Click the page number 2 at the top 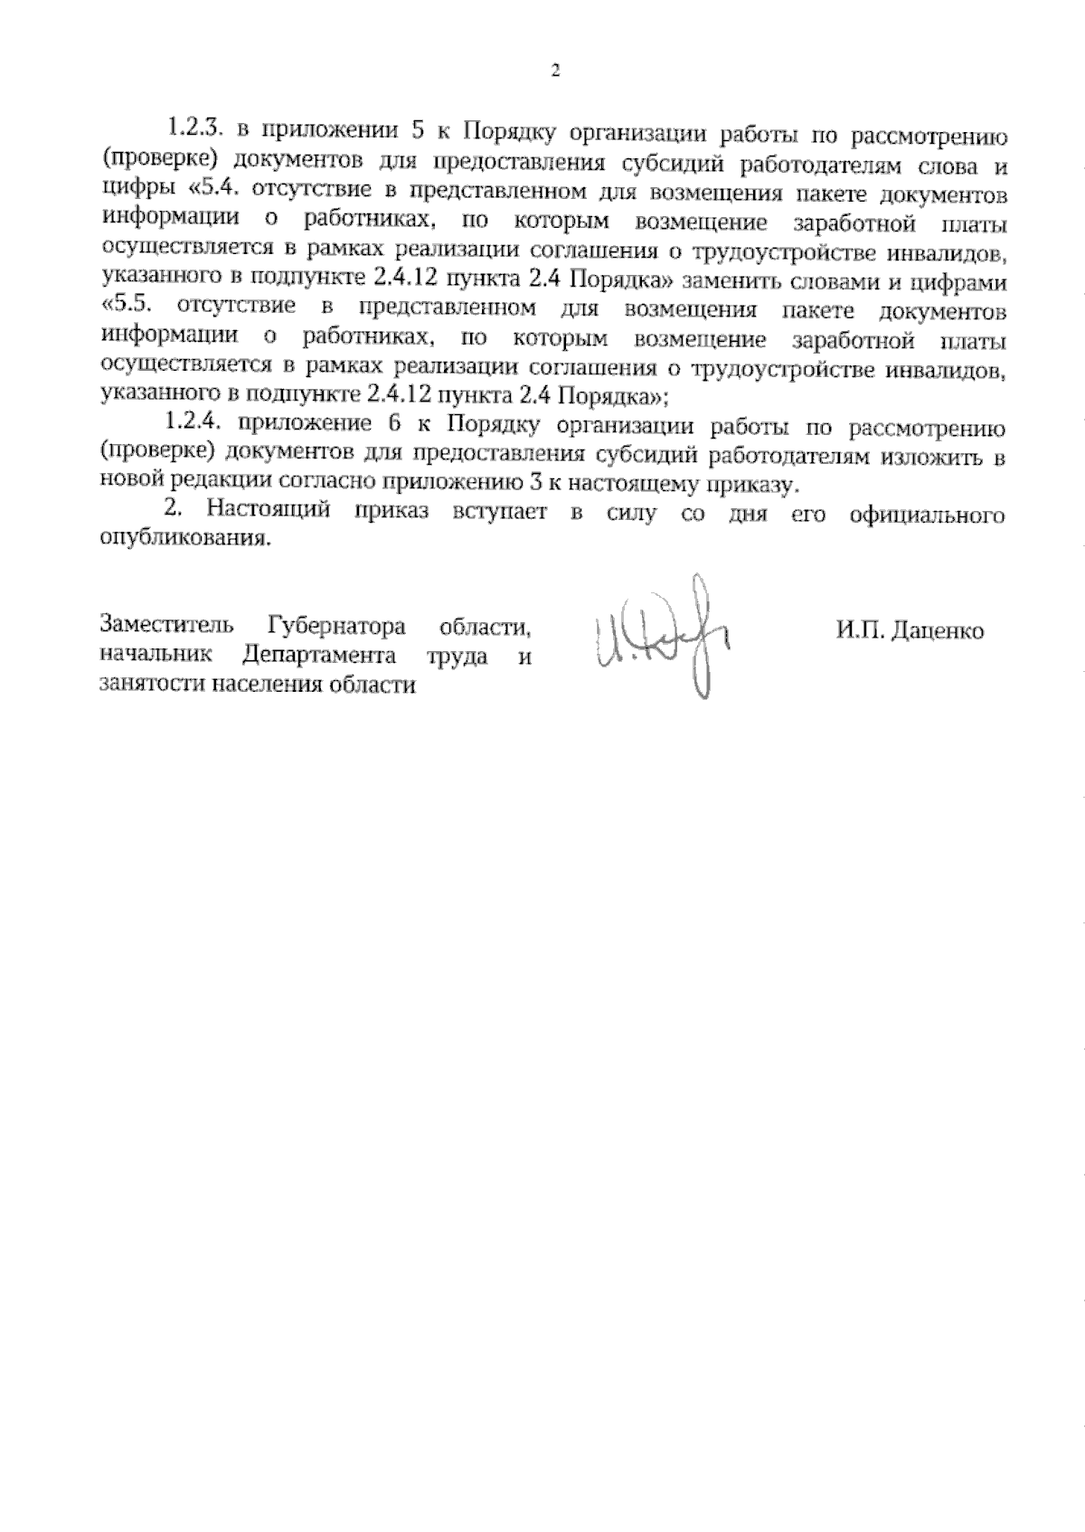click(x=555, y=71)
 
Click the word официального click(x=929, y=514)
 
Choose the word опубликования click(x=184, y=541)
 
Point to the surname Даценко click(x=939, y=630)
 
